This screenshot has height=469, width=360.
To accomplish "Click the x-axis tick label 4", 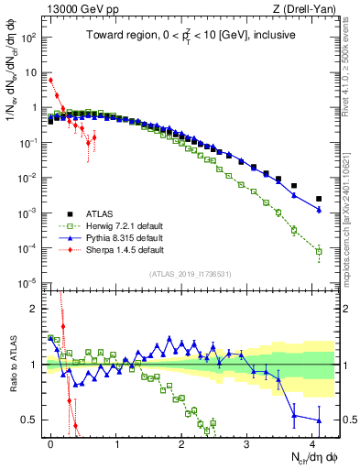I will point(312,441).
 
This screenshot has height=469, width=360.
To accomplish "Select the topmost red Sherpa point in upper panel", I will point(50,81).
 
